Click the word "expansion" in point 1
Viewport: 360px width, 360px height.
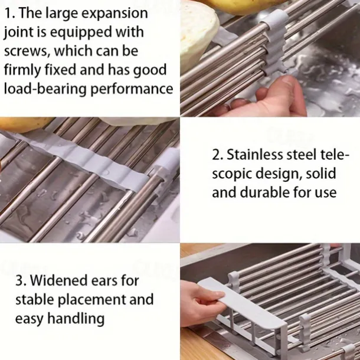114,14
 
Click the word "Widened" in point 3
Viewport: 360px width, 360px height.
60,280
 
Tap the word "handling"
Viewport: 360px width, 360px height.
76,319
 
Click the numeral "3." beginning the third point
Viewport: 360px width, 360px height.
21,280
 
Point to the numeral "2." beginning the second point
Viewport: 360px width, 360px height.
218,155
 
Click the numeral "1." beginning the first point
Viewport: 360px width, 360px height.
10,14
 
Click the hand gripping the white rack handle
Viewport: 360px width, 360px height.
202,304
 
